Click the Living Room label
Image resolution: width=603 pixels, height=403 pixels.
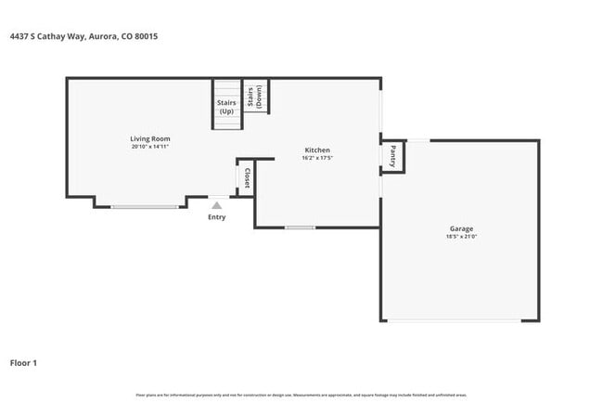point(149,139)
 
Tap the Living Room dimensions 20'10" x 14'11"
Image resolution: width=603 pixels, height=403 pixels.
point(149,147)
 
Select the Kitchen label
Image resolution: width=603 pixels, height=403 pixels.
point(317,149)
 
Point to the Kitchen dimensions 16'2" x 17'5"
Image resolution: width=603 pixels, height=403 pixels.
point(317,158)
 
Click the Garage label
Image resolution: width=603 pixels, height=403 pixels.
point(461,228)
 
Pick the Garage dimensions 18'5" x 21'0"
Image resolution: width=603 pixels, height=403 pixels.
point(461,237)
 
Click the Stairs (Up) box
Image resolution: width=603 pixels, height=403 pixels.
point(226,106)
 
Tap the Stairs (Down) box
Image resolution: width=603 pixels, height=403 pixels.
point(256,97)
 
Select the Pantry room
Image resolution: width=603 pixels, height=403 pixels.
point(393,156)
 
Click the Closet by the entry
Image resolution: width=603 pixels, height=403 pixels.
point(246,176)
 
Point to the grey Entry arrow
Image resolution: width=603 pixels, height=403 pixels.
point(216,205)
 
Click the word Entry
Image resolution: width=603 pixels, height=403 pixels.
point(216,217)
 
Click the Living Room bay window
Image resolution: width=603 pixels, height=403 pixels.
point(145,206)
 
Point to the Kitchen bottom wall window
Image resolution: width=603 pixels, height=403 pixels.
point(299,227)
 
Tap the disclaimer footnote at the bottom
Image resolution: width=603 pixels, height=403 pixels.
point(301,395)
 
